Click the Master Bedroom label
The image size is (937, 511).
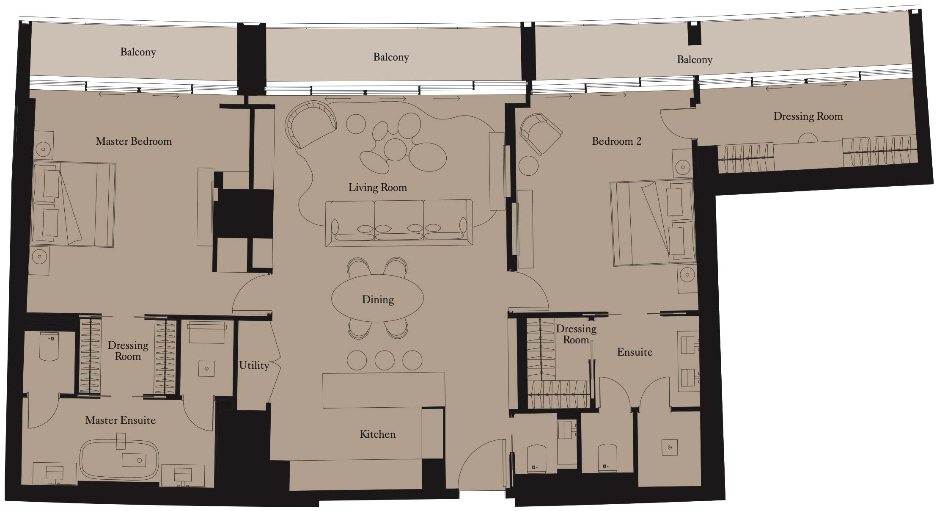click(134, 141)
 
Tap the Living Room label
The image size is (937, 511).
click(377, 188)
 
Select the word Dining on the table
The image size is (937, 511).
click(378, 300)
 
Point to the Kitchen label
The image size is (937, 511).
click(377, 434)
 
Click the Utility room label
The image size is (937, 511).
click(254, 365)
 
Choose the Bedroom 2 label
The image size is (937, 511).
click(616, 141)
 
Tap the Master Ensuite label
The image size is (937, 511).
click(120, 420)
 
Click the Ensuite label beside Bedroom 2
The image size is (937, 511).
click(635, 352)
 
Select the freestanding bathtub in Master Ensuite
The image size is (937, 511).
click(119, 460)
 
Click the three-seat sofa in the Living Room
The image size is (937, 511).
click(398, 224)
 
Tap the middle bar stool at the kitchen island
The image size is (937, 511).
click(384, 360)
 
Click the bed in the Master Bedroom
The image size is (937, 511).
click(73, 204)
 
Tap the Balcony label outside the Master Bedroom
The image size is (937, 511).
click(138, 52)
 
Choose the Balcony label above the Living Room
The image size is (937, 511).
click(391, 57)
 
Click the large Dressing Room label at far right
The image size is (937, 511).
click(808, 116)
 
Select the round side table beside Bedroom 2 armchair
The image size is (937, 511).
click(528, 166)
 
